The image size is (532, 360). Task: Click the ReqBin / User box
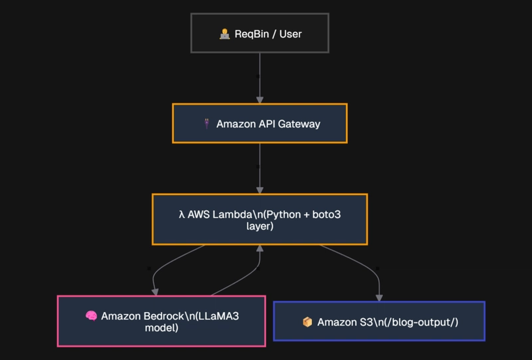tap(260, 33)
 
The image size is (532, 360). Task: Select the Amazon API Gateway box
tap(260, 123)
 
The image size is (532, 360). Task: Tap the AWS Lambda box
tap(260, 220)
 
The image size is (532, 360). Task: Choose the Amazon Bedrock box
tap(162, 321)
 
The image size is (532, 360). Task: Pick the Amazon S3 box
tap(379, 321)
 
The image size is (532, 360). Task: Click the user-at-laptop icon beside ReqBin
tap(225, 34)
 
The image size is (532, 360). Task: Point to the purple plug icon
tap(207, 123)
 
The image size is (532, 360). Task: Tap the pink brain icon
tap(91, 316)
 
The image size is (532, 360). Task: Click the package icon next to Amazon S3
tap(307, 321)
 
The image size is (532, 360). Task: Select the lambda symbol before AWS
tap(182, 215)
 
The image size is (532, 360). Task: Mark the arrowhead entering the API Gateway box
tap(260, 100)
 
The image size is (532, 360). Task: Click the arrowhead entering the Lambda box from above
tap(260, 190)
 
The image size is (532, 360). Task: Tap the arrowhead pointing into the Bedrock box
tap(155, 292)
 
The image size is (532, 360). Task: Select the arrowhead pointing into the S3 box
tap(379, 298)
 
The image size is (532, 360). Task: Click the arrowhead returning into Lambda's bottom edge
tap(260, 249)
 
